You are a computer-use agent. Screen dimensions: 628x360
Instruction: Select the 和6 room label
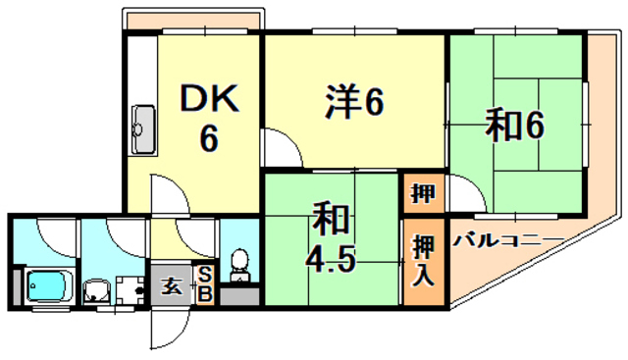tap(513, 126)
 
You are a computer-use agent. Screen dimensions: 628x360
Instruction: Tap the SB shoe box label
tap(206, 284)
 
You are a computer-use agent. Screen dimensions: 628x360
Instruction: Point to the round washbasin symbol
tap(96, 290)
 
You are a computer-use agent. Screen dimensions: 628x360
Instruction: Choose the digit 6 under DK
tap(208, 138)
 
